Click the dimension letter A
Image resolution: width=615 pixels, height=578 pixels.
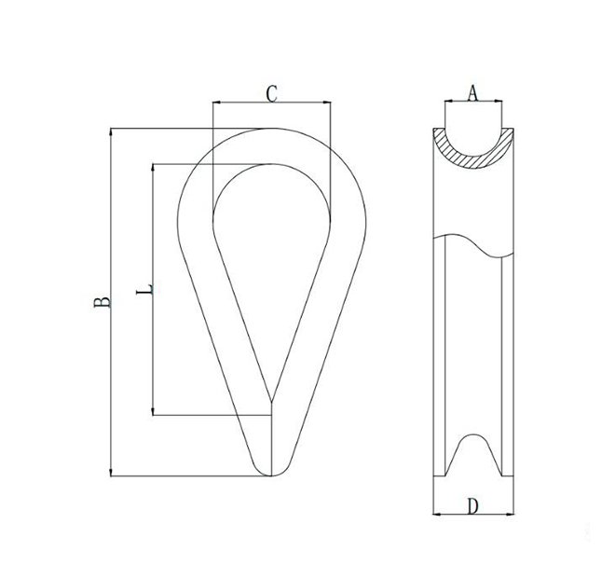point(472,92)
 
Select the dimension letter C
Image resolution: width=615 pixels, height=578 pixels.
point(271,92)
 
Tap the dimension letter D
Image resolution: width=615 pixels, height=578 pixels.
point(472,506)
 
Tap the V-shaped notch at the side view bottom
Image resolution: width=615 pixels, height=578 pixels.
point(473,457)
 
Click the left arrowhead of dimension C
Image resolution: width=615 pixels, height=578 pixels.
point(217,102)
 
